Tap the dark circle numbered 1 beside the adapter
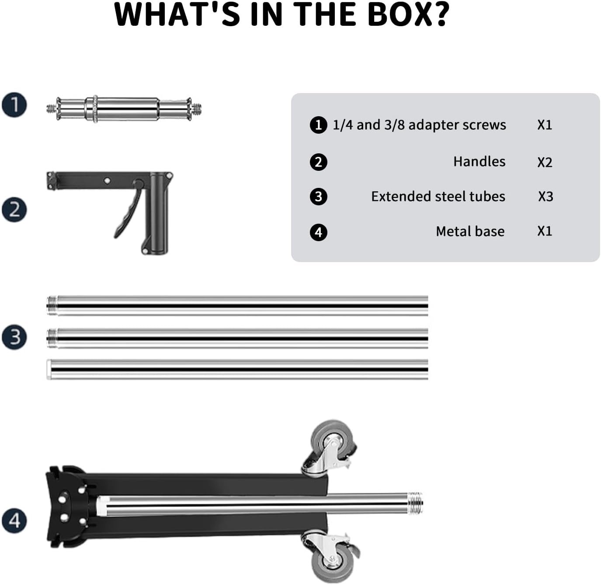14,105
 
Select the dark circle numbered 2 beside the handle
14,210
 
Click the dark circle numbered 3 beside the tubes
14,337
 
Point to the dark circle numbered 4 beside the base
14,520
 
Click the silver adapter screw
124,109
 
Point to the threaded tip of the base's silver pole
415,503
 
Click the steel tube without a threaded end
237,369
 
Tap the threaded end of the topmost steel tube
52,306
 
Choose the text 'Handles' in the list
479,162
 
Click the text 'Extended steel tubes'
438,196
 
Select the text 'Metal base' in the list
470,231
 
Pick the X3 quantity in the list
545,196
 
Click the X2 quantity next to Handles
545,162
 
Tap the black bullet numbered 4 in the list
318,232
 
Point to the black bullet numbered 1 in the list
318,125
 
